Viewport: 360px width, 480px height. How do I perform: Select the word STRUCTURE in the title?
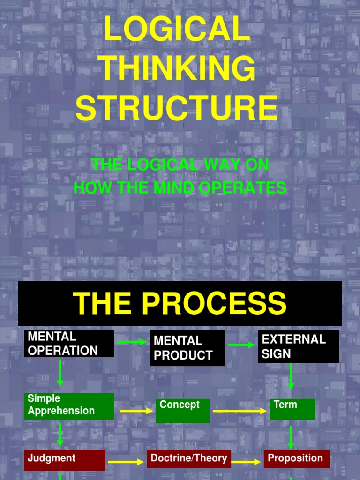[177, 107]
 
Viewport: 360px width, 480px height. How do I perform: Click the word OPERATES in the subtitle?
[244, 187]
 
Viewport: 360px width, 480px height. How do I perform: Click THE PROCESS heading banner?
[180, 303]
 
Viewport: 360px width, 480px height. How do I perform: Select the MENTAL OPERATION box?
[69, 344]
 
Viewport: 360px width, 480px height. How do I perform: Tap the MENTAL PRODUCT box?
[187, 348]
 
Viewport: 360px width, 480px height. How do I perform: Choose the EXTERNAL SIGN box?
[298, 346]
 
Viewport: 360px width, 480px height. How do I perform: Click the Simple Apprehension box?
[69, 406]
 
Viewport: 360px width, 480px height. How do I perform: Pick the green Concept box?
[182, 411]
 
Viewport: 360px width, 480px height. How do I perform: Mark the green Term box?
[292, 409]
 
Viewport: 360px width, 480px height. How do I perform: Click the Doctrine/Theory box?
[188, 459]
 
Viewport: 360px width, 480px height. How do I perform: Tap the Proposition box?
[296, 459]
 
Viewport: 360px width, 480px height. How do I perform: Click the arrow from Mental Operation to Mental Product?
[132, 342]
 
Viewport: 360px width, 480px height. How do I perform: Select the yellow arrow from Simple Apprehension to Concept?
[136, 411]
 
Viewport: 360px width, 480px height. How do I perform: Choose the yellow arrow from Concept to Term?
[240, 411]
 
